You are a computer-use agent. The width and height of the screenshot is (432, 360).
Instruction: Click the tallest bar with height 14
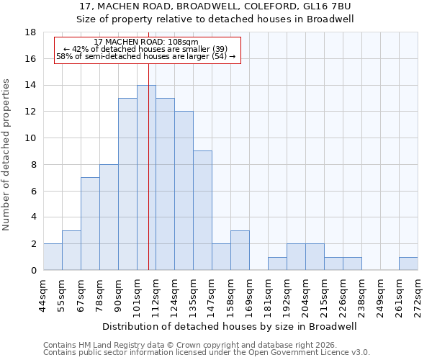[146, 177]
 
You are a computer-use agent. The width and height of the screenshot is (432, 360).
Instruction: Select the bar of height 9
[202, 210]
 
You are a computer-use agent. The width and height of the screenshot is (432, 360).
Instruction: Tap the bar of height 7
[90, 223]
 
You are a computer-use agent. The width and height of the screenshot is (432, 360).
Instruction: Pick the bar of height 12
[184, 190]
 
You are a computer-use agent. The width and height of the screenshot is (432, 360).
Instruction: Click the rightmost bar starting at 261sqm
[408, 264]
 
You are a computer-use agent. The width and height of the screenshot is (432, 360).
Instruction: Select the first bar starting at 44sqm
[53, 256]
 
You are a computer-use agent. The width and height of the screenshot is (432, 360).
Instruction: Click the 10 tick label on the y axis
[32, 138]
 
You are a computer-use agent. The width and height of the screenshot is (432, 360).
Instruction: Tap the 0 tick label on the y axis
[34, 270]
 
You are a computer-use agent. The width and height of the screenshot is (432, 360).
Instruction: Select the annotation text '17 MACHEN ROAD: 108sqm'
[146, 42]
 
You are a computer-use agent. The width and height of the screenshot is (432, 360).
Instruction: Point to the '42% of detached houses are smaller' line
[146, 49]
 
